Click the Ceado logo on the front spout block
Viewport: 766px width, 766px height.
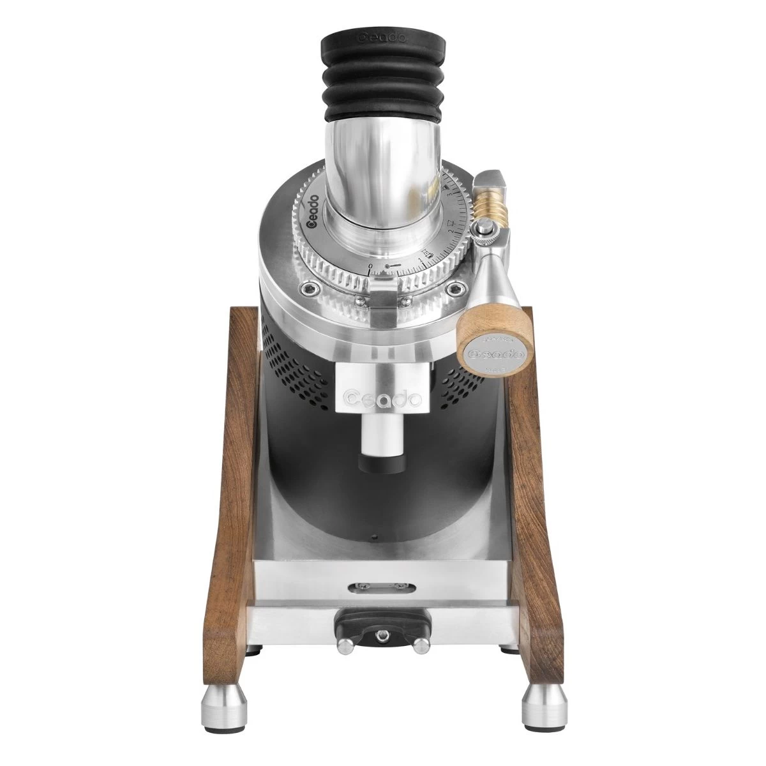pyautogui.click(x=381, y=398)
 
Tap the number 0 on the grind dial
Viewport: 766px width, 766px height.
pyautogui.click(x=371, y=265)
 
